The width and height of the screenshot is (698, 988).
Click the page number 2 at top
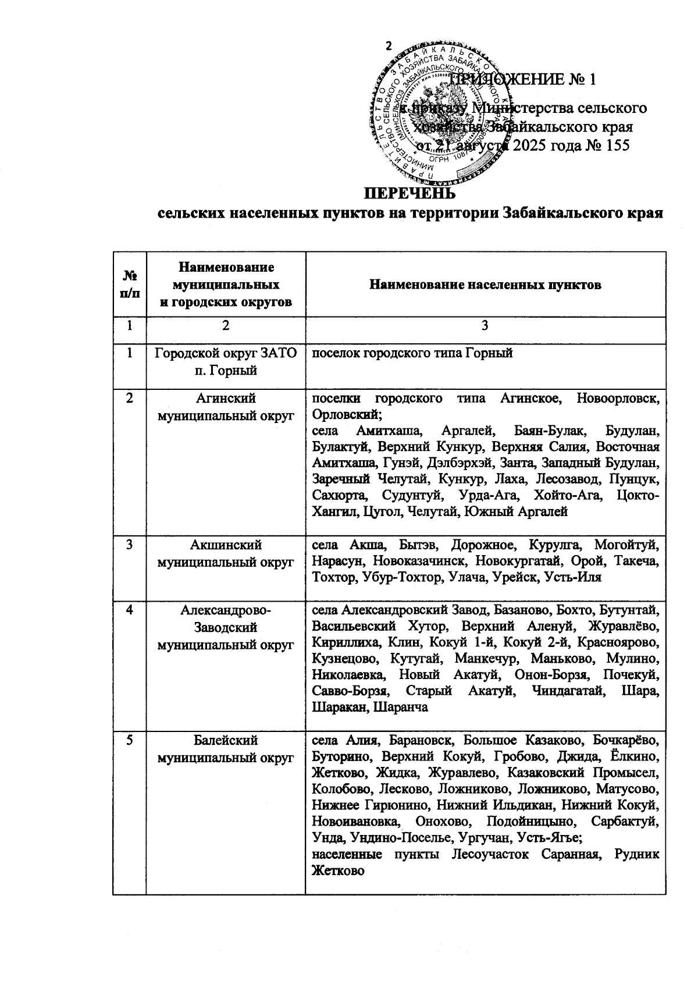tap(389, 47)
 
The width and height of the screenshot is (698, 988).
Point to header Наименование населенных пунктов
tap(485, 285)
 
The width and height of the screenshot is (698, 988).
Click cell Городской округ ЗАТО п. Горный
tap(226, 361)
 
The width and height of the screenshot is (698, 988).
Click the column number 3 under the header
tap(485, 326)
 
